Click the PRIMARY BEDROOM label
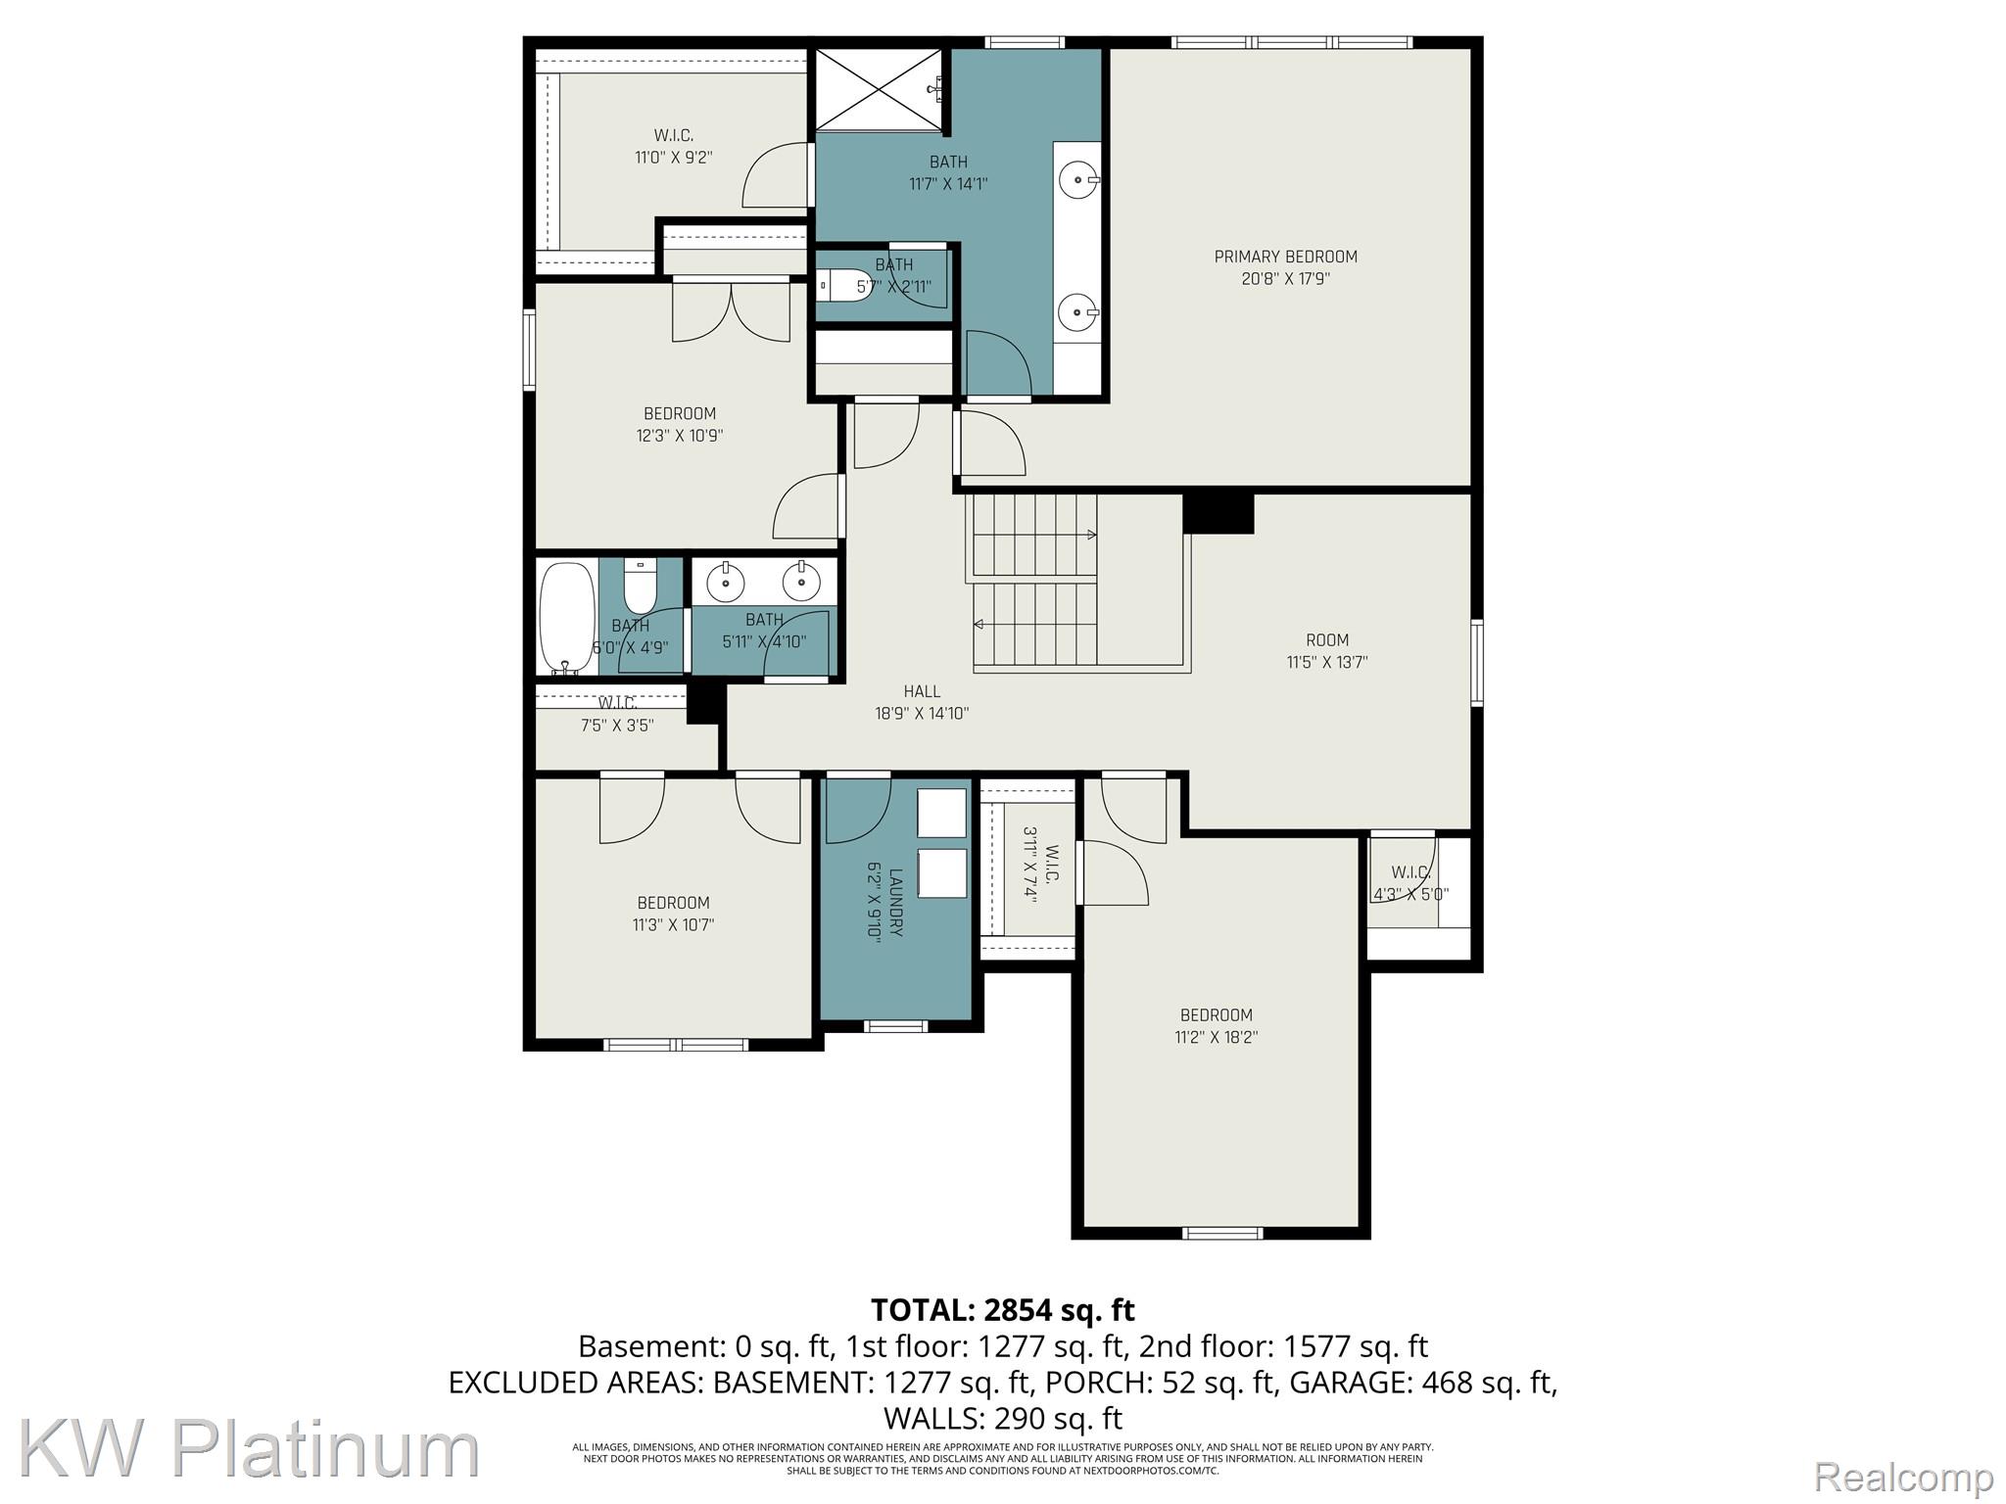point(1285,257)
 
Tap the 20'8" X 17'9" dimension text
point(1285,279)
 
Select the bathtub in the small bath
point(567,617)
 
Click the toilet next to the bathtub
point(640,585)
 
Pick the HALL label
point(922,691)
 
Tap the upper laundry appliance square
point(941,813)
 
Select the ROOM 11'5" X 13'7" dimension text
point(1327,662)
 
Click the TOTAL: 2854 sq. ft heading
point(1003,1309)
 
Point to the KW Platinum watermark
point(249,1450)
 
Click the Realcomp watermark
point(1903,1477)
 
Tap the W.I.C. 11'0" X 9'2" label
point(673,146)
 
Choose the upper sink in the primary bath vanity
point(1078,180)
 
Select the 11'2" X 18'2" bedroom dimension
point(1216,1037)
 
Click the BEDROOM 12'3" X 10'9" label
point(680,425)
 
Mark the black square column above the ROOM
point(1218,513)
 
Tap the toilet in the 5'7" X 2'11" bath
point(844,286)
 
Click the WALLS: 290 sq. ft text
point(1003,1418)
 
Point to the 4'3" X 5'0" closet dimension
point(1410,894)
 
